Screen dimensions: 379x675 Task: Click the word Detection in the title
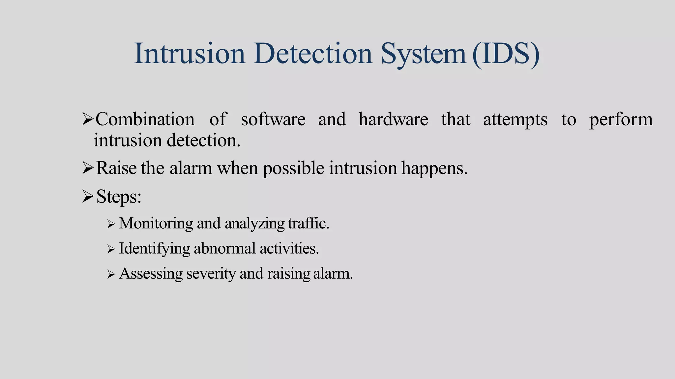coord(313,54)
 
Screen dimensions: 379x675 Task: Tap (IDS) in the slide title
coord(506,54)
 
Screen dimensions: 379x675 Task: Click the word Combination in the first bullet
coord(145,119)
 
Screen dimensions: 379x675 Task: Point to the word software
coord(273,119)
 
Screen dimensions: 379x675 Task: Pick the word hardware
coord(393,119)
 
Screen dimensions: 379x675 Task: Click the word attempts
coord(515,120)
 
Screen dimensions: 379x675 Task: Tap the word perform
coord(621,120)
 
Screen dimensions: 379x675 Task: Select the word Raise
coord(116,168)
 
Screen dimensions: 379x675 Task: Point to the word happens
coord(434,169)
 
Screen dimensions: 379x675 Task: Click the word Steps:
coord(119,197)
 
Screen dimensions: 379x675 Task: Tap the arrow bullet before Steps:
coord(88,197)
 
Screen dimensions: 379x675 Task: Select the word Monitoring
coord(156,223)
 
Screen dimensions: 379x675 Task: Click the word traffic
coord(308,223)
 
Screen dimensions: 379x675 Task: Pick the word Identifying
coord(154,249)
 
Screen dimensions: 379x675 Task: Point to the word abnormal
coord(224,248)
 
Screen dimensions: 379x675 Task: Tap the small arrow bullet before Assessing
coord(111,274)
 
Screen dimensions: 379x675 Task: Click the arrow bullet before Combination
coord(88,119)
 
